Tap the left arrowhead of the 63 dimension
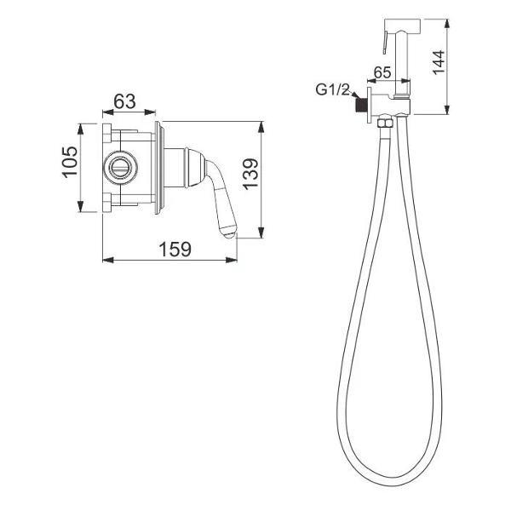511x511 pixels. (x=105, y=111)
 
